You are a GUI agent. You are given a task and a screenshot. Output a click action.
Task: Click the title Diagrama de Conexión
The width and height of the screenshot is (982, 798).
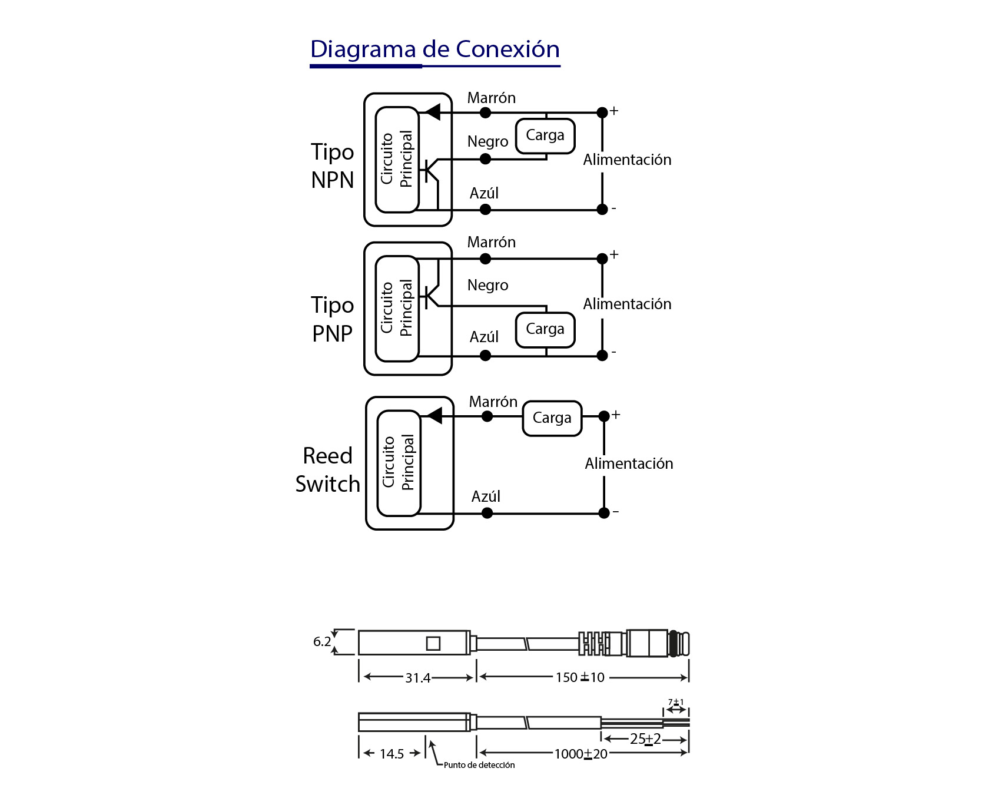pyautogui.click(x=434, y=49)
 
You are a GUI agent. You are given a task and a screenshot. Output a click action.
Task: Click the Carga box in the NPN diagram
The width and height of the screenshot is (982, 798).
pyautogui.click(x=545, y=135)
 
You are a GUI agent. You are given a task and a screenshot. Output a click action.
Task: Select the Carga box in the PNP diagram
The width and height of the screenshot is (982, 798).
pyautogui.click(x=545, y=329)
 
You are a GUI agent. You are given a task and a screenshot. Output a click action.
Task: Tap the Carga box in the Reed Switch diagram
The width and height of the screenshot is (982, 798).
pyautogui.click(x=552, y=418)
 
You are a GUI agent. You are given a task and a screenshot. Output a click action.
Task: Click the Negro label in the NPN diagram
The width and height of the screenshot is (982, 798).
pyautogui.click(x=487, y=142)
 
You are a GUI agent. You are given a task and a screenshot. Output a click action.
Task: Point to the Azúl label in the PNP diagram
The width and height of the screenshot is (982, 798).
pyautogui.click(x=484, y=337)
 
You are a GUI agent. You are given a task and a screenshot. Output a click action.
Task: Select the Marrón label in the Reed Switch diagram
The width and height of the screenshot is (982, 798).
pyautogui.click(x=493, y=402)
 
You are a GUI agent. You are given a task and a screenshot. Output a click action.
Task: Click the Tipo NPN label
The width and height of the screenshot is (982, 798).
pyautogui.click(x=333, y=166)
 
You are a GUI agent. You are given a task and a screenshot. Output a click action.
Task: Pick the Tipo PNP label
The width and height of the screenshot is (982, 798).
pyautogui.click(x=333, y=319)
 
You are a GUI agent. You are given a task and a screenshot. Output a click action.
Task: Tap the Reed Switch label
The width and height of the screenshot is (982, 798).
pyautogui.click(x=327, y=470)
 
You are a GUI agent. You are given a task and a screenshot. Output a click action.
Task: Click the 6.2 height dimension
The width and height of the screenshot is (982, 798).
pyautogui.click(x=322, y=641)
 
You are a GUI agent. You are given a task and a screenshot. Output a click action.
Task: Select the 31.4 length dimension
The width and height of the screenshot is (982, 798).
pyautogui.click(x=417, y=678)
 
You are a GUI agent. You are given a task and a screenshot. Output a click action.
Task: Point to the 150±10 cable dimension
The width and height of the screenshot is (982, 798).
pyautogui.click(x=580, y=677)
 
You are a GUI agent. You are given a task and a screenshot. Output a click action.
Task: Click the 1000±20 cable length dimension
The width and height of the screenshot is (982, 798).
pyautogui.click(x=580, y=754)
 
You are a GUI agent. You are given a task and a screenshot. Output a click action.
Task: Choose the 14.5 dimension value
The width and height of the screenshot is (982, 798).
pyautogui.click(x=392, y=754)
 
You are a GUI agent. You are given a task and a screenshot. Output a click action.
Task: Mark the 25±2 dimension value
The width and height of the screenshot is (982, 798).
pyautogui.click(x=645, y=739)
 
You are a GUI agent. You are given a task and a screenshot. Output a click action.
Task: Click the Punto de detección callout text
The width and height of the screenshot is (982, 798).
pyautogui.click(x=479, y=765)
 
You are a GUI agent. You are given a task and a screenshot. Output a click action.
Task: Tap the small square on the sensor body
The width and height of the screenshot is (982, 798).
pyautogui.click(x=433, y=643)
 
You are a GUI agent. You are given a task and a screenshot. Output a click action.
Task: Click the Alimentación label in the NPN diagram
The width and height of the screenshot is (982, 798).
pyautogui.click(x=627, y=160)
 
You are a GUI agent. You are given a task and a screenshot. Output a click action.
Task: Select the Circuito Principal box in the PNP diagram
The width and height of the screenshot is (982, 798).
pyautogui.click(x=397, y=308)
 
